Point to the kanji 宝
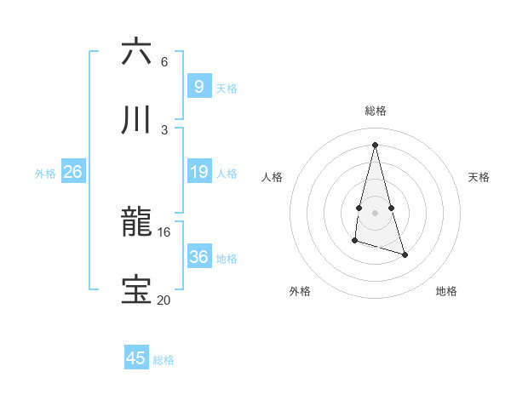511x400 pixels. [136, 290]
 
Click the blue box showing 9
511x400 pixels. [198, 87]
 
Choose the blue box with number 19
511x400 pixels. [198, 173]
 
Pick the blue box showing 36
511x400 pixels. [198, 257]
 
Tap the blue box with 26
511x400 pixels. [72, 172]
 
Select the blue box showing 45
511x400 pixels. [136, 358]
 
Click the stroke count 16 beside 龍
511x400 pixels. [164, 231]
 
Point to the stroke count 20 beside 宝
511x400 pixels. [164, 300]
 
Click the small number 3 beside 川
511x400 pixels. [164, 129]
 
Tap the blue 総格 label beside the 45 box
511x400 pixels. [164, 360]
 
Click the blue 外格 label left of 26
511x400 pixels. [45, 174]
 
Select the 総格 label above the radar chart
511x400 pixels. [375, 111]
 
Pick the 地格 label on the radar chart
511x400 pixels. [446, 291]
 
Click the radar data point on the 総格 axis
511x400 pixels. [375, 144]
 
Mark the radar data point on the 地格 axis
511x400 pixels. [405, 254]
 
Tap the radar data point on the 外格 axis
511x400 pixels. [354, 241]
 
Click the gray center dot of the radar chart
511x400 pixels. [375, 212]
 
